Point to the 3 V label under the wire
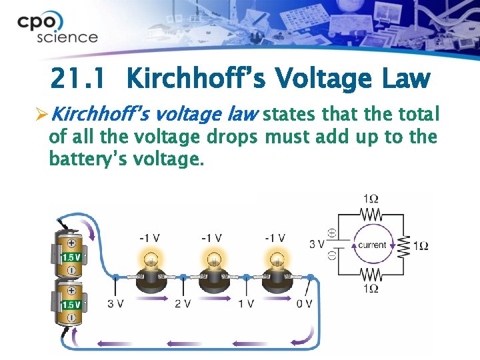pyautogui.click(x=115, y=304)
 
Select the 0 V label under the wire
pyautogui.click(x=304, y=304)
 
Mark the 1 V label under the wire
pyautogui.click(x=245, y=304)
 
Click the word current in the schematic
pyautogui.click(x=372, y=245)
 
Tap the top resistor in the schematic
pyautogui.click(x=371, y=214)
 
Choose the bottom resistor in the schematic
pyautogui.click(x=371, y=275)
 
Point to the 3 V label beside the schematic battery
pyautogui.click(x=317, y=244)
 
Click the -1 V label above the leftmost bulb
pyautogui.click(x=149, y=238)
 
